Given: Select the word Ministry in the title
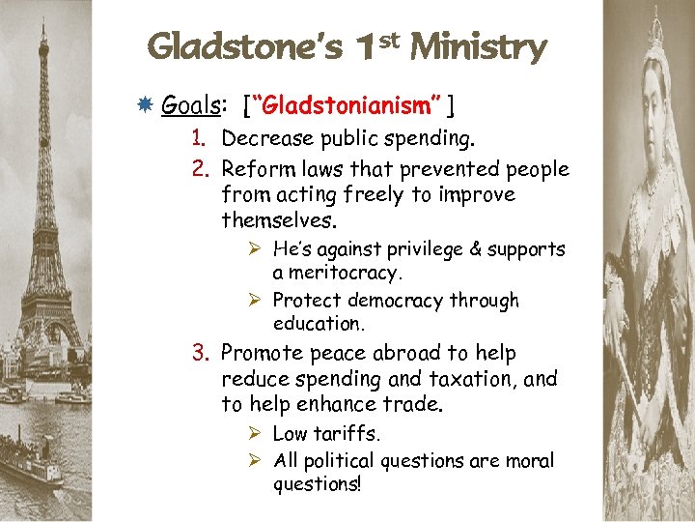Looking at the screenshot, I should [478, 46].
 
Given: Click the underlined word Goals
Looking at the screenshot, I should [187, 104].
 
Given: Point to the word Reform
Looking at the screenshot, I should [255, 169].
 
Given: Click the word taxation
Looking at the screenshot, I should [461, 378].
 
